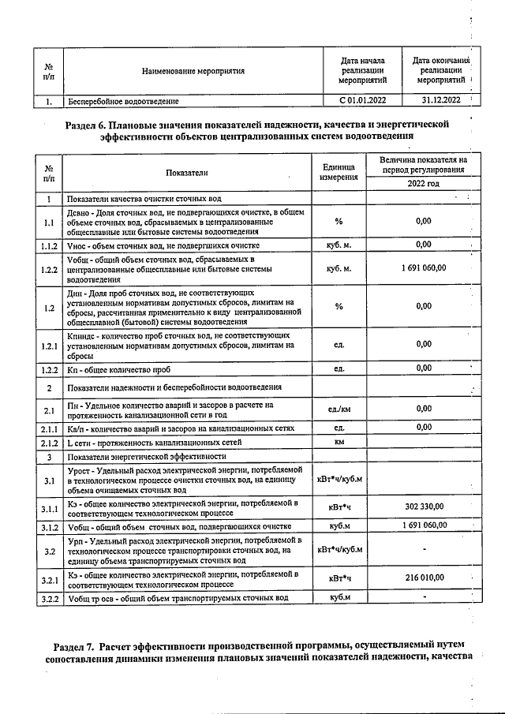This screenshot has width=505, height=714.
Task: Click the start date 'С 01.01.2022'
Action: (362, 101)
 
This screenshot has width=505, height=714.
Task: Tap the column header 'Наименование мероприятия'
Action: (193, 72)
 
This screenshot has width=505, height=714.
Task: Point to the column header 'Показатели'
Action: (187, 172)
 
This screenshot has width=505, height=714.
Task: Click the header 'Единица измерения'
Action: (339, 172)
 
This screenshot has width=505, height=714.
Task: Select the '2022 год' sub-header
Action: (430, 183)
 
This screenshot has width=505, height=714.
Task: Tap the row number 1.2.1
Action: (49, 346)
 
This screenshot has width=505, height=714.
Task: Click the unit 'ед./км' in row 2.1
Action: (339, 409)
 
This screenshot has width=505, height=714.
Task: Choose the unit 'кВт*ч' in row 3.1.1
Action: (339, 507)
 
